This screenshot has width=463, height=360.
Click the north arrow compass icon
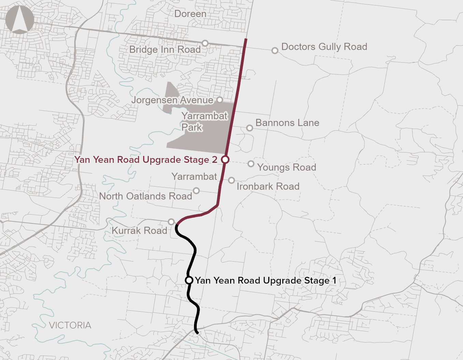(20, 20)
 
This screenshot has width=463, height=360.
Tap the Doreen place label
(190, 14)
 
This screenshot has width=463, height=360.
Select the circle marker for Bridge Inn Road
(205, 43)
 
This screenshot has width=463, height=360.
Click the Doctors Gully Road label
(324, 47)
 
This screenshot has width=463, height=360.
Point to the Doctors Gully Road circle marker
(275, 51)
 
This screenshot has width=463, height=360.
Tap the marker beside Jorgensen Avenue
(220, 100)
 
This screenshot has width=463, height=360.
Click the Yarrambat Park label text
(204, 122)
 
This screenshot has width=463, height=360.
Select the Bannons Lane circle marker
(250, 128)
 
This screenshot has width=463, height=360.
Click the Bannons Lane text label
(287, 123)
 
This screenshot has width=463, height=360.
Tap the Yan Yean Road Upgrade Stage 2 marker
(225, 159)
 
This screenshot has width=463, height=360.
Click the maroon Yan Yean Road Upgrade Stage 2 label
(146, 160)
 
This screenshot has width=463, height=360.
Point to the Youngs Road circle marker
(251, 164)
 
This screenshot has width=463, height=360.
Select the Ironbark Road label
(268, 186)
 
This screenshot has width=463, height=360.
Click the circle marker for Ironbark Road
(231, 180)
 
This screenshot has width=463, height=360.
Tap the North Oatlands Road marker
(196, 190)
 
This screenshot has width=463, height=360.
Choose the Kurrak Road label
(139, 231)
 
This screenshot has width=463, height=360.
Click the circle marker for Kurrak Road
(171, 222)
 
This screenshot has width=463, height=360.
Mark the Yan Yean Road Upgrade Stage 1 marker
(189, 280)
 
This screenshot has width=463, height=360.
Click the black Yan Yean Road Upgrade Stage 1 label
(266, 280)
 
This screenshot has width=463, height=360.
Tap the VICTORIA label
(70, 325)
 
